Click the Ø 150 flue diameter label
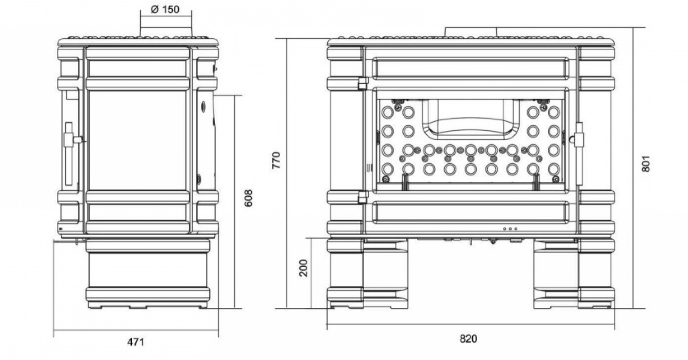click(165, 10)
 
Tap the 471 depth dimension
click(135, 342)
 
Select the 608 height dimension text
click(249, 198)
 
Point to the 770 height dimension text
click(277, 160)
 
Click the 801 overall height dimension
click(646, 164)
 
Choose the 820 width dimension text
click(468, 339)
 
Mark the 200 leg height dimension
click(303, 268)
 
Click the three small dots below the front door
click(510, 229)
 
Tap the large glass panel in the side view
click(137, 140)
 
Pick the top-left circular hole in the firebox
click(387, 112)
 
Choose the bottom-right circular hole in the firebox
click(554, 168)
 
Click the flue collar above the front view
click(470, 32)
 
